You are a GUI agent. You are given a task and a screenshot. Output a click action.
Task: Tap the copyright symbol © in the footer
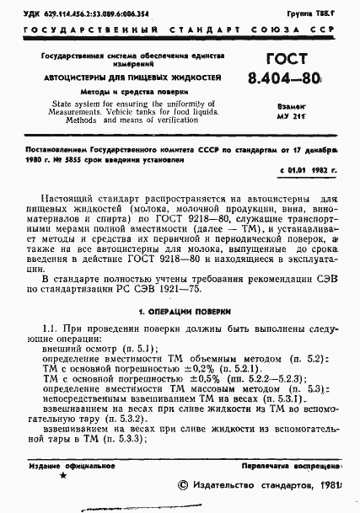tap(184, 487)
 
